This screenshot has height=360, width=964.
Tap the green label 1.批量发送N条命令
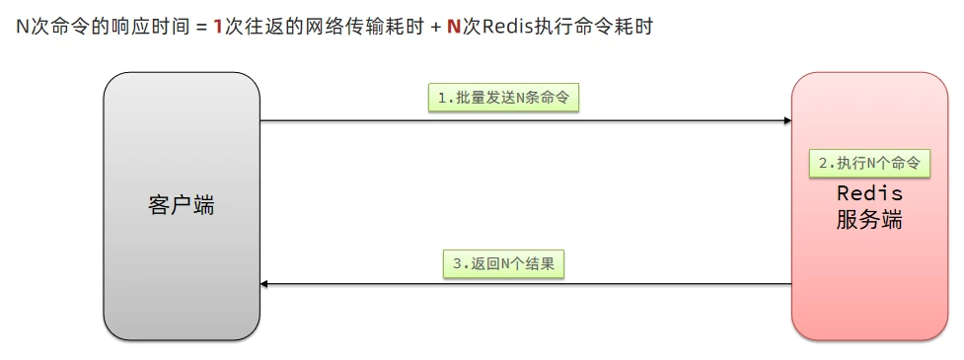(503, 98)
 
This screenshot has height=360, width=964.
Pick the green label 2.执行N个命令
(869, 163)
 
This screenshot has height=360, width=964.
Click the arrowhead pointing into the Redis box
(786, 121)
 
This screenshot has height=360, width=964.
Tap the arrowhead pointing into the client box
(265, 284)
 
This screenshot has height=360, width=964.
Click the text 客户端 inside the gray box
(182, 206)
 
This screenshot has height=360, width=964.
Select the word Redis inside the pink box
(869, 193)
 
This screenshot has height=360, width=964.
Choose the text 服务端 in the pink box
(869, 220)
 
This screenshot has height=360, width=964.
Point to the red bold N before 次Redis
(454, 27)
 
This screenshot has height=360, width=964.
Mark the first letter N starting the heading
(22, 27)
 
